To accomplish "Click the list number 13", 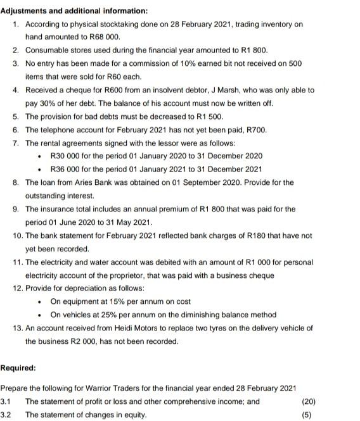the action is point(17,328).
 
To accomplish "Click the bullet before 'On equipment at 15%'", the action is point(40,302).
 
